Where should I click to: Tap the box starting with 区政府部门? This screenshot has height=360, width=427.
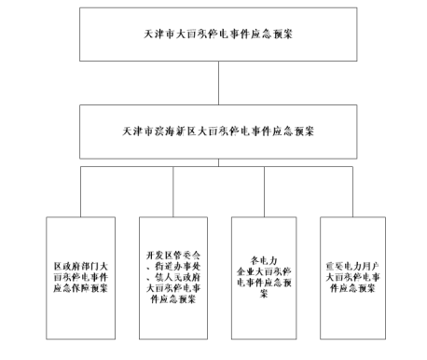[81, 276]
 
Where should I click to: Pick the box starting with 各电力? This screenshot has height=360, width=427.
[264, 276]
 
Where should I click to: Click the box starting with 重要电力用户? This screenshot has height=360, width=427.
[355, 276]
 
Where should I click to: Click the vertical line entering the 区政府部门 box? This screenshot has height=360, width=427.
[81, 193]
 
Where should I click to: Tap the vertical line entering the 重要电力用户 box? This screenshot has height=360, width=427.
[355, 193]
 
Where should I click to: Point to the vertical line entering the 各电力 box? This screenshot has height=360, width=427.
[264, 193]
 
